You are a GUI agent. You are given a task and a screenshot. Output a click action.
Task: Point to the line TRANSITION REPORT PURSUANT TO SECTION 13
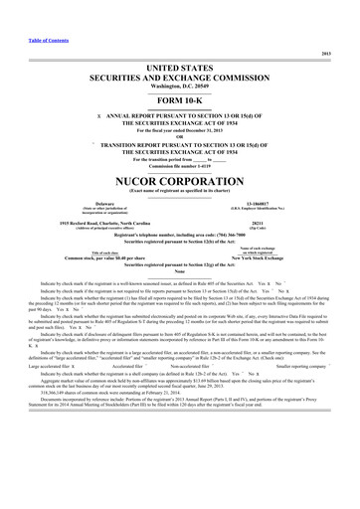coord(184,129)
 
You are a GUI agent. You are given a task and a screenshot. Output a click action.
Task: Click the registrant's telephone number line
coord(180,218)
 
